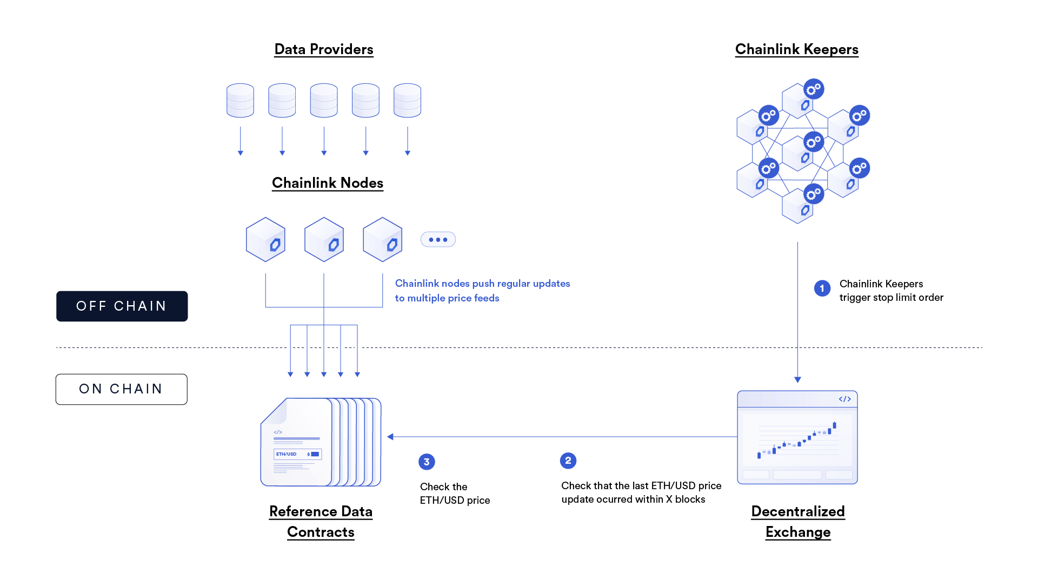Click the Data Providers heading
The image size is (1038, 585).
click(x=323, y=49)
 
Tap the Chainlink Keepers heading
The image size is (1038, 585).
click(x=796, y=49)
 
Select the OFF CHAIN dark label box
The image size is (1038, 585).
click(x=122, y=306)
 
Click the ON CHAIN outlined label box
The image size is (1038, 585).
click(x=122, y=389)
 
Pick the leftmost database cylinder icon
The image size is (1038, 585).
click(x=240, y=101)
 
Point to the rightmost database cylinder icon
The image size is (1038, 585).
click(x=407, y=101)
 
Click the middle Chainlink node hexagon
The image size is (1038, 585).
click(x=324, y=240)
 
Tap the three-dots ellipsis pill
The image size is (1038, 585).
click(x=438, y=239)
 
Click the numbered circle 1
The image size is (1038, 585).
click(x=822, y=288)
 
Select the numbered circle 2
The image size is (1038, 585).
click(x=568, y=461)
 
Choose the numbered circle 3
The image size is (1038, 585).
click(x=427, y=462)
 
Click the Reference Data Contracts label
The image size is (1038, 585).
click(x=321, y=521)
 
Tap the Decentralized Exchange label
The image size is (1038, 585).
click(x=798, y=521)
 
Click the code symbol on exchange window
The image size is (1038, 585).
click(x=844, y=399)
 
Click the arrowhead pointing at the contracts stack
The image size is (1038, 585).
click(x=390, y=437)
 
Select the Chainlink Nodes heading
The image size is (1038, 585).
click(x=327, y=183)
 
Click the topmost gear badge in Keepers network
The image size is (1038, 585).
click(x=813, y=89)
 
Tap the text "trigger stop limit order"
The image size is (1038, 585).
click(x=891, y=297)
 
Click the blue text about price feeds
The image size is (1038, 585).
click(x=482, y=291)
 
